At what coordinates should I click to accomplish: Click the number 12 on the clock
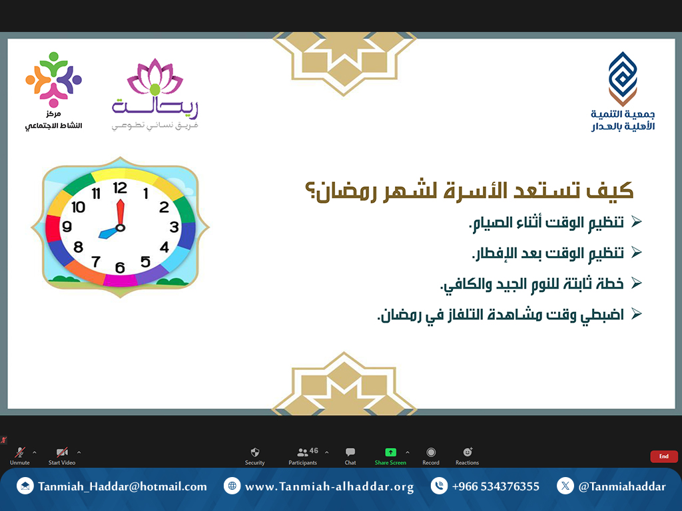[x=120, y=188]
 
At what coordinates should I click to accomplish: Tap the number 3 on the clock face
[x=174, y=227]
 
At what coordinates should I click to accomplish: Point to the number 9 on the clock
[x=67, y=226]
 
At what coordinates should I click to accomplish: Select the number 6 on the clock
[x=120, y=267]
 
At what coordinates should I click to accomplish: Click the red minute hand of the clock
[x=121, y=213]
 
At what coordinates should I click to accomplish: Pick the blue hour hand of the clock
[x=109, y=232]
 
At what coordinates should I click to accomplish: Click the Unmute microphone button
[x=20, y=456]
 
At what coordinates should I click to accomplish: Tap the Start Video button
[x=62, y=456]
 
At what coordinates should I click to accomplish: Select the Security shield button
[x=255, y=456]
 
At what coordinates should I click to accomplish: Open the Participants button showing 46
[x=303, y=456]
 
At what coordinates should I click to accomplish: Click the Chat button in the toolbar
[x=350, y=456]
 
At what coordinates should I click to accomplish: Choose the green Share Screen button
[x=390, y=456]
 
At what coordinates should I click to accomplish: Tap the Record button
[x=431, y=456]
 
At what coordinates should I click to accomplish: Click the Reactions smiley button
[x=467, y=456]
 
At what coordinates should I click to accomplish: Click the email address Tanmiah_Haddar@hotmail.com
[x=123, y=486]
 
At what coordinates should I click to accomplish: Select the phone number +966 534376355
[x=496, y=486]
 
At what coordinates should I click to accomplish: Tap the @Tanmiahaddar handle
[x=622, y=486]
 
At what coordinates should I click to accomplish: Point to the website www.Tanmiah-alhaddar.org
[x=329, y=486]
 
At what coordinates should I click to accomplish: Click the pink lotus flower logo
[x=155, y=77]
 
